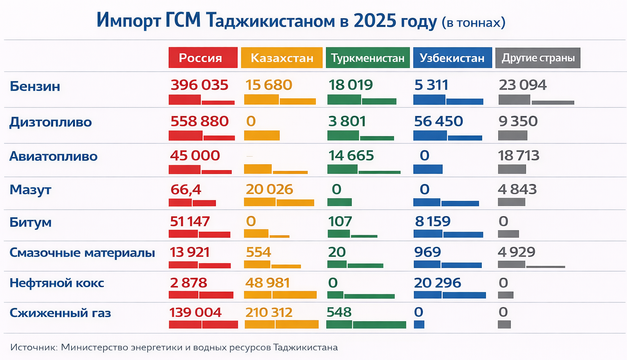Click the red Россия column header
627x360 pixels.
[x=203, y=58]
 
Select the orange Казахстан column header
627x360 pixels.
[x=282, y=58]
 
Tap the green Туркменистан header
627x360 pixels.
[x=367, y=58]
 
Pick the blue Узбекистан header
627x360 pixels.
[x=452, y=58]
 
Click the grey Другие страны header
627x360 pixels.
[x=538, y=58]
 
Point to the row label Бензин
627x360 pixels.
[x=35, y=87]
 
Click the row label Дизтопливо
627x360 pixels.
[x=51, y=122]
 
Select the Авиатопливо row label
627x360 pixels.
[x=53, y=157]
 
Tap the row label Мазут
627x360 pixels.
[x=30, y=190]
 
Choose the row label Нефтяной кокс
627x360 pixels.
[x=57, y=283]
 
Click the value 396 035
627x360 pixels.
[x=199, y=85]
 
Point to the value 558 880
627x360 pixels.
[x=199, y=122]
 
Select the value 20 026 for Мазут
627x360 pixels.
[x=269, y=189]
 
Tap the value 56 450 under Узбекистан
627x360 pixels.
[x=438, y=122]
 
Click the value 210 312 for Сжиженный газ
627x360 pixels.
[x=269, y=313]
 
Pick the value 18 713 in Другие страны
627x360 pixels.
[x=518, y=156]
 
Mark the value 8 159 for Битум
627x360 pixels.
[x=432, y=222]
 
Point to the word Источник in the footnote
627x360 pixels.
[x=33, y=348]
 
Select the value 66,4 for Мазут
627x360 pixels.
[x=186, y=190]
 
